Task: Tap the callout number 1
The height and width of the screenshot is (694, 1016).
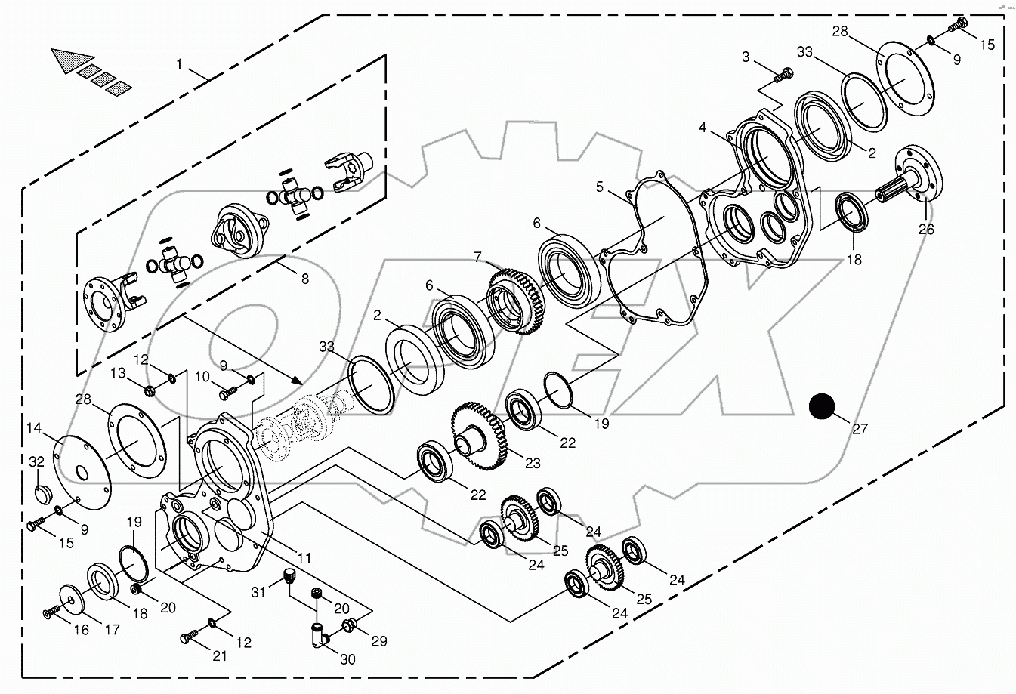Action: click(179, 65)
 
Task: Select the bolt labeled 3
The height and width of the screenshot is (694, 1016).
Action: click(785, 75)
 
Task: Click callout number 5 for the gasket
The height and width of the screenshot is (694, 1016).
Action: click(600, 187)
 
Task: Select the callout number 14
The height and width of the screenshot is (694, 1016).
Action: click(34, 429)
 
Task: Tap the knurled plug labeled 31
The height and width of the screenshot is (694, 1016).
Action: click(287, 576)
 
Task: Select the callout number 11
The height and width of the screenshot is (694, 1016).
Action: click(304, 559)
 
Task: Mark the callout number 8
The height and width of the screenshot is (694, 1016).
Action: click(304, 279)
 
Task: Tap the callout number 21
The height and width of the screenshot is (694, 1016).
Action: click(219, 655)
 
